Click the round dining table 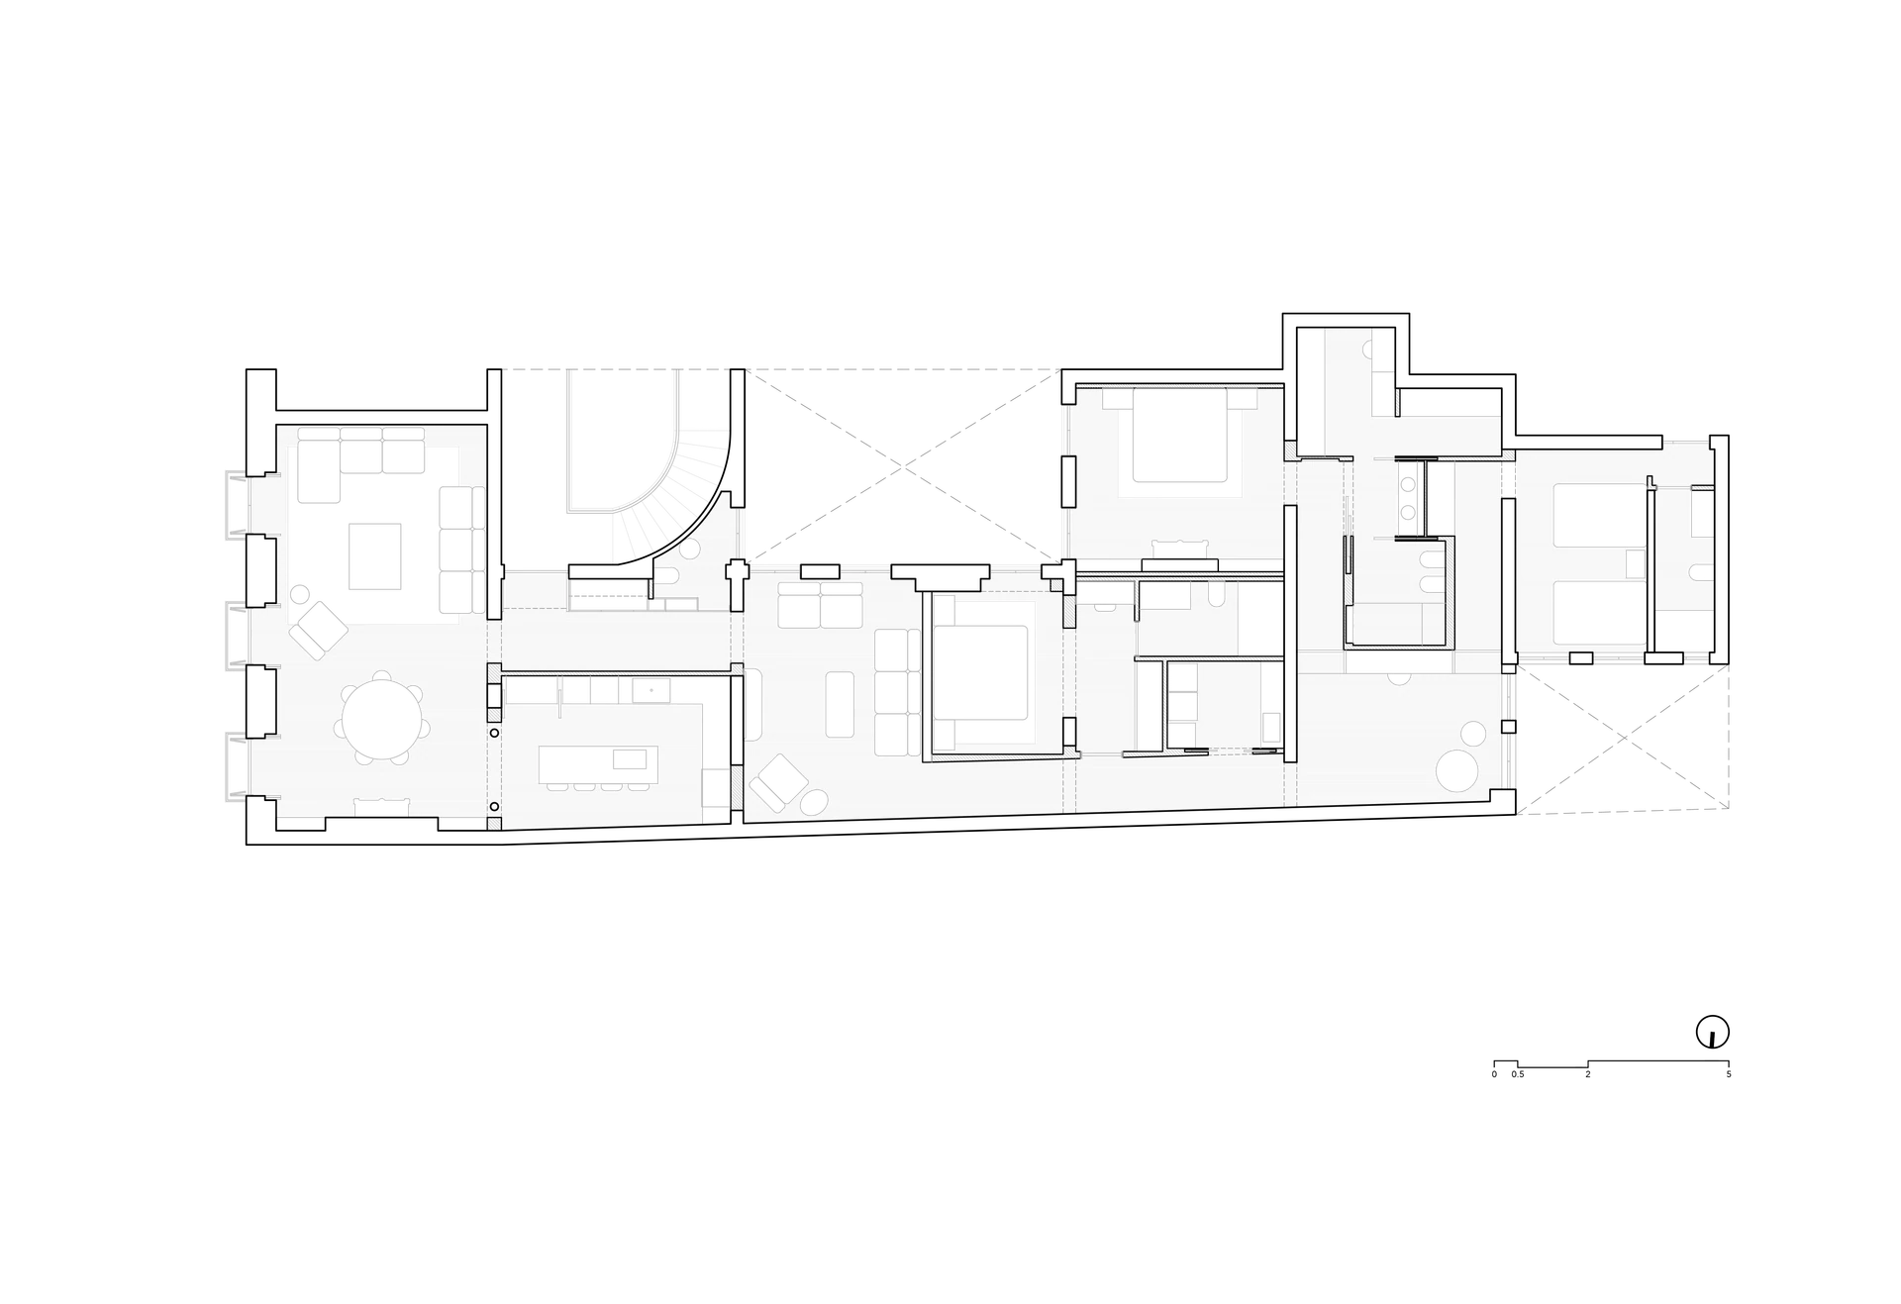click(x=381, y=717)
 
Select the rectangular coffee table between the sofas click(x=374, y=556)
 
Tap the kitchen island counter click(x=598, y=764)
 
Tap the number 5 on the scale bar click(x=1729, y=1074)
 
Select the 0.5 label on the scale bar click(x=1518, y=1074)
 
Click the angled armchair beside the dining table click(x=318, y=631)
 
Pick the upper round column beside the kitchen click(x=494, y=734)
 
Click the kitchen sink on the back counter click(x=651, y=689)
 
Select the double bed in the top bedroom click(x=1179, y=436)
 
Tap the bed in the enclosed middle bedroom click(x=980, y=671)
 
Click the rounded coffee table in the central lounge click(x=840, y=704)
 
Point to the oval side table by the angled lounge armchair click(x=814, y=802)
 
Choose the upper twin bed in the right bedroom click(x=1599, y=515)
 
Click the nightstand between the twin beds click(x=1636, y=564)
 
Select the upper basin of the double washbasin click(x=1409, y=484)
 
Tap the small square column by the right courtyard click(x=1508, y=727)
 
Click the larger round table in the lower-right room click(x=1456, y=771)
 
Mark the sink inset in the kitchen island click(x=630, y=759)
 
